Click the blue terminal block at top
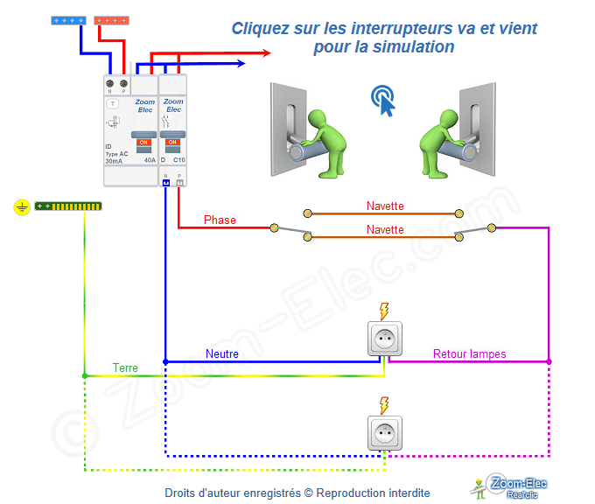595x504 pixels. [x=69, y=20]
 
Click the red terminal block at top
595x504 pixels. [x=114, y=20]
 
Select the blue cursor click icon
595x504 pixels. [x=382, y=100]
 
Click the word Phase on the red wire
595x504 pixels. [x=220, y=220]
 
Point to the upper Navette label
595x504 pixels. [x=385, y=206]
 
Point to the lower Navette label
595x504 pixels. [x=385, y=229]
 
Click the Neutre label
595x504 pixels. [x=222, y=354]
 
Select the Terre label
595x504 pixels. [x=125, y=368]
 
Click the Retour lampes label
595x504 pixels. [x=470, y=354]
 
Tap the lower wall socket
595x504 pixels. [x=384, y=433]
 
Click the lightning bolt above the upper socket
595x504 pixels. [x=383, y=311]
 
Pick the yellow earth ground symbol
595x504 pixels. [x=22, y=207]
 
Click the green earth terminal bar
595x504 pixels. [x=68, y=207]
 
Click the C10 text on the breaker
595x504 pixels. [x=178, y=160]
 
